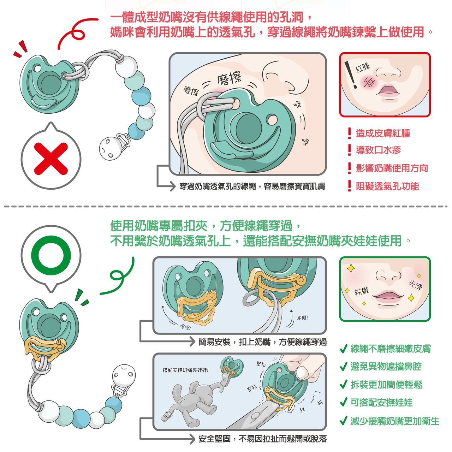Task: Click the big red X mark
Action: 51,159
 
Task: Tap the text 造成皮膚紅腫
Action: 383,133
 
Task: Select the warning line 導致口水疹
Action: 378,150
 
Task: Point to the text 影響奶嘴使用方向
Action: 392,168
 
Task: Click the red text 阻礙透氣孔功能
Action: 387,186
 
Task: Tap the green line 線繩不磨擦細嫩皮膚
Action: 391,349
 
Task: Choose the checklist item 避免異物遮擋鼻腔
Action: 386,367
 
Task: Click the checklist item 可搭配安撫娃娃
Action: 381,403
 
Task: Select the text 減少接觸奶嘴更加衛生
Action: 395,421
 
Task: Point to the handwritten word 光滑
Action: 415,285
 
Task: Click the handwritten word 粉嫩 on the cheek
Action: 362,291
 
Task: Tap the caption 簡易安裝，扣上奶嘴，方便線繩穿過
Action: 262,342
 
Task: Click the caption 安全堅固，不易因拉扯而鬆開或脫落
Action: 262,439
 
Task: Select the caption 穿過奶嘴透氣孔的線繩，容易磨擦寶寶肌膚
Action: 252,186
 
